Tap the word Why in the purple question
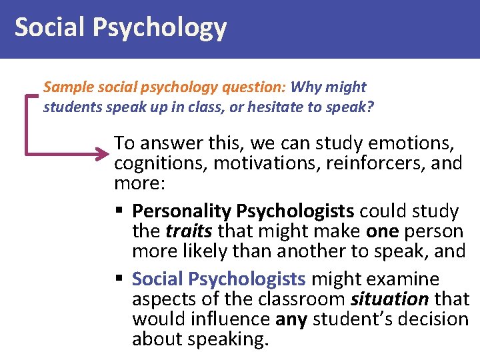pyautogui.click(x=306, y=87)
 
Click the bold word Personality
pyautogui.click(x=175, y=211)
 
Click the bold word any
pyautogui.click(x=291, y=319)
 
